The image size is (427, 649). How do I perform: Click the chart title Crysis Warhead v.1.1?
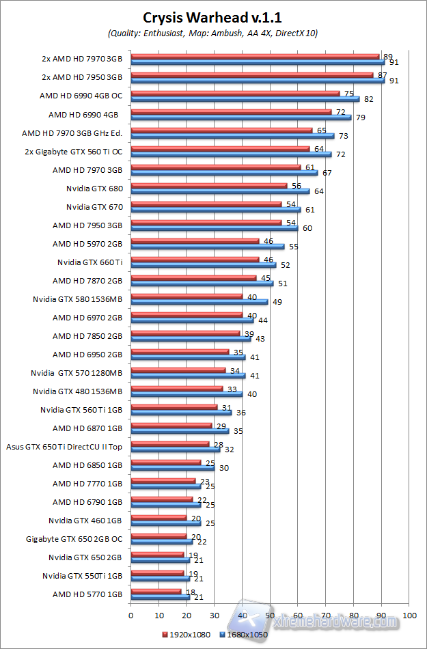tap(213, 18)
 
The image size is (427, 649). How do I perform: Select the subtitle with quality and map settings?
tap(213, 33)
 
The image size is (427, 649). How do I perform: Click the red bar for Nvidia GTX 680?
tap(208, 185)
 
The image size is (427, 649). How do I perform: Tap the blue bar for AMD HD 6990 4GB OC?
tap(245, 99)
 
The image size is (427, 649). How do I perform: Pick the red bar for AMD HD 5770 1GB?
tap(156, 592)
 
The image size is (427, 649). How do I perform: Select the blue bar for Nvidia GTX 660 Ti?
tap(203, 265)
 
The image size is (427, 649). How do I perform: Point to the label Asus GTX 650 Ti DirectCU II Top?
tap(64, 447)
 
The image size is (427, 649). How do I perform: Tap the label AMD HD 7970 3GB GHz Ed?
tap(72, 133)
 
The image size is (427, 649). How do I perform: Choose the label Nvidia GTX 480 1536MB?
tap(78, 391)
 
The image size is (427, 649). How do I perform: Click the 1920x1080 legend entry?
tap(187, 633)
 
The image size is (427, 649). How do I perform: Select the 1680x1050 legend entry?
tap(245, 633)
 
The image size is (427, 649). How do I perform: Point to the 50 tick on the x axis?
tap(270, 616)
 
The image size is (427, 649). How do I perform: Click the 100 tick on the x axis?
tap(409, 616)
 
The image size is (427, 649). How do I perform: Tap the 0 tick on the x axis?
tap(130, 616)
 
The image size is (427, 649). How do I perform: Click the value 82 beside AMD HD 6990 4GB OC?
tap(369, 100)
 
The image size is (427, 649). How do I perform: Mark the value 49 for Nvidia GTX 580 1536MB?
tap(277, 302)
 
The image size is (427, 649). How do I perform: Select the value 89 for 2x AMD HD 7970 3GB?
tap(388, 57)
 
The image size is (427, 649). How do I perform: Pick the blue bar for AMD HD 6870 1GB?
tap(180, 431)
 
